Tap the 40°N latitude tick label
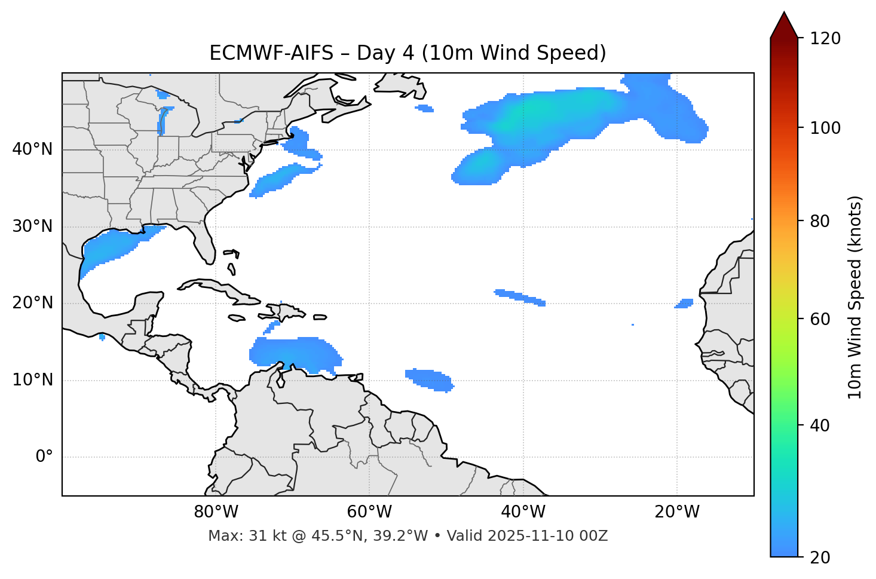32,149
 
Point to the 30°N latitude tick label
32,226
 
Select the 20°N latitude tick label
32,303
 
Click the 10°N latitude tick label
32,380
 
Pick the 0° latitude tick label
44,457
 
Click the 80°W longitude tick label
216,512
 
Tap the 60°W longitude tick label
369,512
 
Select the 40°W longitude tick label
523,512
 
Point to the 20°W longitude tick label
676,512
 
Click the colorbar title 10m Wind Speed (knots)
855,297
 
